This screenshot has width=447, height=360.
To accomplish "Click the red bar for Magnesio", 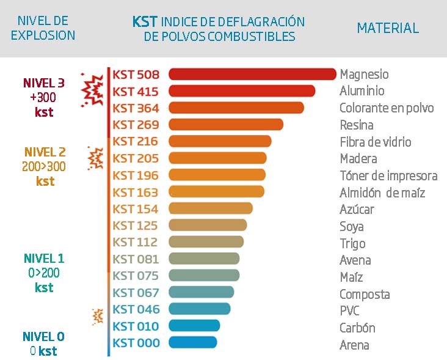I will click(x=252, y=74).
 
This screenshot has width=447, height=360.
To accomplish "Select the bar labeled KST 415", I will click(x=241, y=91).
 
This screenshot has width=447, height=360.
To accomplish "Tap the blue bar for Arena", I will click(x=192, y=342).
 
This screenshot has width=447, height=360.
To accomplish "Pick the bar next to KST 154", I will click(x=210, y=208).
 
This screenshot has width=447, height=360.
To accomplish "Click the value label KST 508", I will click(x=136, y=75).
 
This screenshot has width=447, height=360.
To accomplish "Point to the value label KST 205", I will click(x=136, y=158).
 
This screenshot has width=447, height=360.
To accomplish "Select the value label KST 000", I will click(x=136, y=342).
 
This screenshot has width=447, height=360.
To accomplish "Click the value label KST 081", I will click(x=136, y=259).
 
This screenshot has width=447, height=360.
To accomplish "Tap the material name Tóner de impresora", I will click(x=388, y=176).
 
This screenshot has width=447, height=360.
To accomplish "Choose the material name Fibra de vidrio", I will click(x=376, y=142).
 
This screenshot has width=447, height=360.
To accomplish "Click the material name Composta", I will click(x=365, y=294).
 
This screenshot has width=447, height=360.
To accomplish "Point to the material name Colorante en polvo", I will click(x=387, y=108).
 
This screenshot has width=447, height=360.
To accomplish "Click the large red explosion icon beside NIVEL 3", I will click(x=93, y=91).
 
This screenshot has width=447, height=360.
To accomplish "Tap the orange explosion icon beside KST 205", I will click(x=95, y=158).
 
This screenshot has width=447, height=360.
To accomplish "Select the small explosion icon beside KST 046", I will click(x=96, y=316).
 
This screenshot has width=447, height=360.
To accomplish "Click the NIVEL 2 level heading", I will click(x=45, y=152).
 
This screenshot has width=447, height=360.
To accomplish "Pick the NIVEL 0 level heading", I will click(x=43, y=337).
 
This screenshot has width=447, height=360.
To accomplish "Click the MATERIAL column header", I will click(x=388, y=28).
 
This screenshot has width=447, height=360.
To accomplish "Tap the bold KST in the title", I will click(x=145, y=22).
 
